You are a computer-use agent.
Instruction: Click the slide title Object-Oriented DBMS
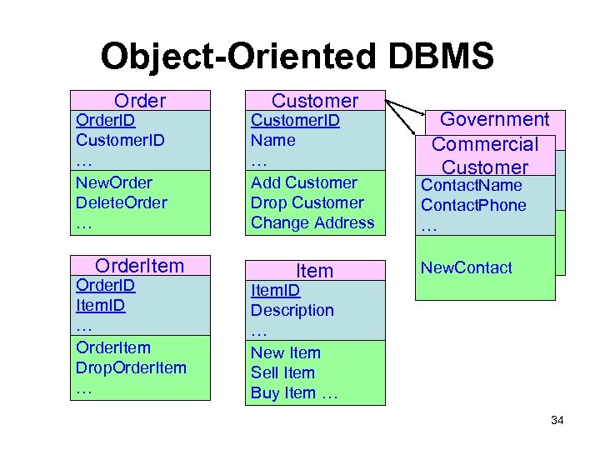(297, 57)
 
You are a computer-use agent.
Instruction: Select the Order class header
(140, 101)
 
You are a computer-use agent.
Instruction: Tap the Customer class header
(314, 101)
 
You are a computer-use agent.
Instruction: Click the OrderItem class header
(140, 266)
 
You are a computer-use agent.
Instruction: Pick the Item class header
(314, 271)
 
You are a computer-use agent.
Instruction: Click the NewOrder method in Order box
(114, 182)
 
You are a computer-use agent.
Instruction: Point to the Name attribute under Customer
(273, 140)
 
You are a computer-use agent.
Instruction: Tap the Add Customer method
(304, 182)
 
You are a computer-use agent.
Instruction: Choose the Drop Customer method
(307, 202)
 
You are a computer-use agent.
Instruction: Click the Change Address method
(312, 222)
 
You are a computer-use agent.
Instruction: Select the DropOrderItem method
(131, 367)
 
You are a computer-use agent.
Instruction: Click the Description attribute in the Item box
(292, 310)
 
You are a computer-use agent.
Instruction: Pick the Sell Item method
(282, 372)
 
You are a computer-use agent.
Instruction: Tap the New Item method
(285, 352)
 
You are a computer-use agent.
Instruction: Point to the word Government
(494, 120)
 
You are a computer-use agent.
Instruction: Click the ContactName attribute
(471, 185)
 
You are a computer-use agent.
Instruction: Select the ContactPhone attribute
(473, 205)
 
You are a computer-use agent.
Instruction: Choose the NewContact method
(466, 267)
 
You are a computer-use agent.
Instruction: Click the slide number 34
(557, 420)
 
